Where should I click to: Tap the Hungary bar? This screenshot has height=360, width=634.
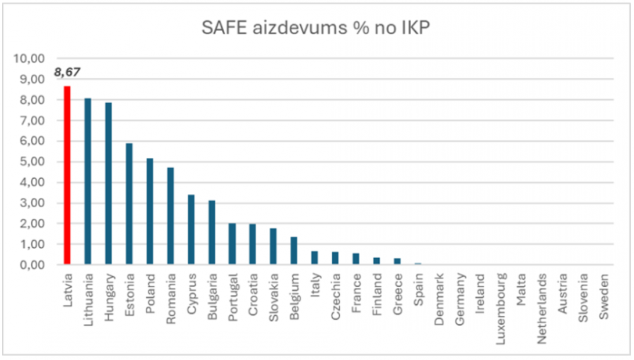[x=108, y=184]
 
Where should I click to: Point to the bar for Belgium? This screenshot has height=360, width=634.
[x=294, y=251]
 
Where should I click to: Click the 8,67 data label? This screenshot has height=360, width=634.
[x=67, y=73]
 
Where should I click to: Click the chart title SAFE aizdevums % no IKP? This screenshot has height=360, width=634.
[x=316, y=28]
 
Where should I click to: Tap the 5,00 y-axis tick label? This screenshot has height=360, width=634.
[x=30, y=162]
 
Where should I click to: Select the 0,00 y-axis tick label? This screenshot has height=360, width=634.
[x=30, y=265]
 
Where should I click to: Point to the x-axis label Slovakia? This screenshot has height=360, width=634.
[x=274, y=293]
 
